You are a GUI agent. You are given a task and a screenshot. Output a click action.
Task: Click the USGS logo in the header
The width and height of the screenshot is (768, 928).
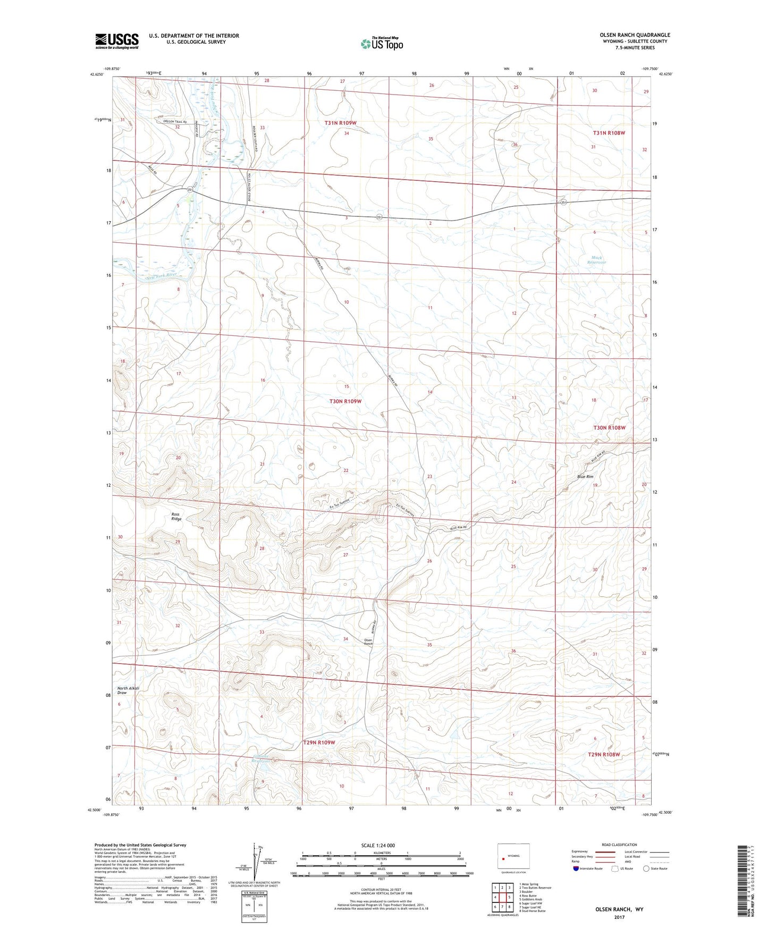(x=117, y=41)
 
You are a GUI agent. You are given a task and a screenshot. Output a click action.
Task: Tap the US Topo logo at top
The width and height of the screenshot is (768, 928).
(x=381, y=44)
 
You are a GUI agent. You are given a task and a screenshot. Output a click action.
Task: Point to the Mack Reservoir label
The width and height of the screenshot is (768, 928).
(x=596, y=260)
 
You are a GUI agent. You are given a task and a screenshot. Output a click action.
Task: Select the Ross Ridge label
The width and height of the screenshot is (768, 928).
(x=176, y=517)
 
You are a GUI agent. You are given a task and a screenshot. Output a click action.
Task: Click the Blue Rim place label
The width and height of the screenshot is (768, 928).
(x=585, y=477)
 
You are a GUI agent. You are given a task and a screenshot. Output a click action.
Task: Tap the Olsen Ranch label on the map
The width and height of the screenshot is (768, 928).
(x=368, y=642)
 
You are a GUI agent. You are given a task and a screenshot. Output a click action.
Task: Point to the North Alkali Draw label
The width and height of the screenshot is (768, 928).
(x=129, y=690)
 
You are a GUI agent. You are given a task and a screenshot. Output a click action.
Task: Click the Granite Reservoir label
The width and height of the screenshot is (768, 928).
(x=260, y=758)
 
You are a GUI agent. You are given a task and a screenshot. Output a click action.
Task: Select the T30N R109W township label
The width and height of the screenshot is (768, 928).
(x=345, y=401)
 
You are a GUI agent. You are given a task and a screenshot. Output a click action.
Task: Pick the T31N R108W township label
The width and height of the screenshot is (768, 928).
(x=609, y=133)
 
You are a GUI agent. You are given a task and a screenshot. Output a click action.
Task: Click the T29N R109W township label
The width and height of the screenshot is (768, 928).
(x=319, y=743)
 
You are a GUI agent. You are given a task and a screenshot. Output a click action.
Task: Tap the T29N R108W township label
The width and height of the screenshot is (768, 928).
(x=604, y=754)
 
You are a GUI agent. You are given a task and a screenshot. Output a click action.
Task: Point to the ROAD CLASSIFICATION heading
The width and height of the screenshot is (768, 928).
(x=619, y=845)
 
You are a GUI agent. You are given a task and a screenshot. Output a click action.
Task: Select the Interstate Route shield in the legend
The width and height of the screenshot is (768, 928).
(x=577, y=868)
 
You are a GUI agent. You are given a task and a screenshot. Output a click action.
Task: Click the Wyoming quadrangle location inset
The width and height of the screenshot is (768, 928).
(x=513, y=856)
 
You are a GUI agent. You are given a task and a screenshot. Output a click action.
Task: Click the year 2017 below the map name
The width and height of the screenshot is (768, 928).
(x=619, y=917)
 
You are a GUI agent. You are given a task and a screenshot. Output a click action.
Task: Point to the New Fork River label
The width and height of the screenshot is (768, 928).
(x=161, y=275)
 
